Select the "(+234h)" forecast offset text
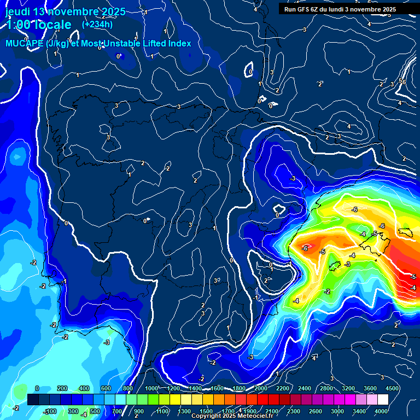pos(97,24)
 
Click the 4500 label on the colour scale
pos(392,388)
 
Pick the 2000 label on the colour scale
pos(261,388)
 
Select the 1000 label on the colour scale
pos(151,388)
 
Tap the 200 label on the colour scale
pos(62,388)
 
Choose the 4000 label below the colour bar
pos(381,411)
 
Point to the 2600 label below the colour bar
pos(316,411)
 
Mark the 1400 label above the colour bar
pos(195,388)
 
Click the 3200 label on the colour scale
pos(348,388)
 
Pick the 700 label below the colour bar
pos(117,411)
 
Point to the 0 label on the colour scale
pos(37,388)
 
